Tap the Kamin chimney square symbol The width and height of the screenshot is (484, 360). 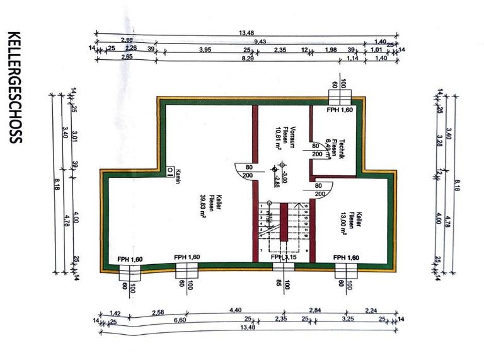click(170, 170)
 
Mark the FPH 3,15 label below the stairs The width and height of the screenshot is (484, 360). click(284, 257)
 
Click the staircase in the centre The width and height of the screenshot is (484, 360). click(284, 227)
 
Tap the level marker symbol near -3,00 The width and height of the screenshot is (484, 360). click(274, 169)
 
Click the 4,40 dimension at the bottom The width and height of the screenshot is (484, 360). click(236, 310)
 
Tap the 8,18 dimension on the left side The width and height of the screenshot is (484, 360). click(58, 183)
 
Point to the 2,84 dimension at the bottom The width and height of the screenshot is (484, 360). click(316, 310)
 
